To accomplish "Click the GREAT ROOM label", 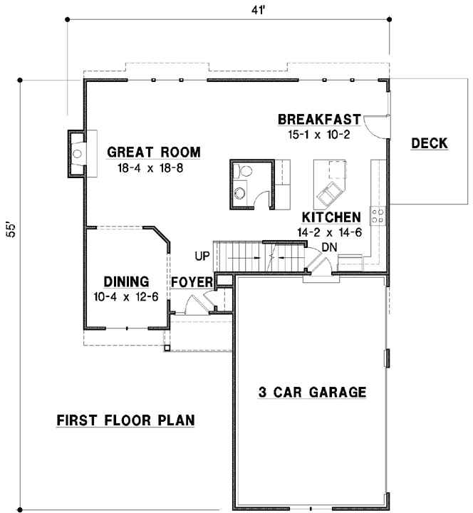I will (x=153, y=152).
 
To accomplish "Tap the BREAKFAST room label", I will (x=319, y=119).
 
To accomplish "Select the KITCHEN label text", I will (x=331, y=217).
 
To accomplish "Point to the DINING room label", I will (x=126, y=281).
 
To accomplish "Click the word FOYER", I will (x=191, y=282).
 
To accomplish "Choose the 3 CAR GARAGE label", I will (x=312, y=391).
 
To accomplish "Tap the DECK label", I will (x=429, y=143).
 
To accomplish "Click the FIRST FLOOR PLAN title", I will (x=125, y=420).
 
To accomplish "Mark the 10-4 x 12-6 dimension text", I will (x=126, y=296).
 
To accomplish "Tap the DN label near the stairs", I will (x=328, y=247).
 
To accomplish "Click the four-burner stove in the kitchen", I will (x=378, y=214).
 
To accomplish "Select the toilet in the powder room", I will (x=244, y=172).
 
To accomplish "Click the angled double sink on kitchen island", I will (x=330, y=191).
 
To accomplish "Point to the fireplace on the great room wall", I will (x=77, y=152).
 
